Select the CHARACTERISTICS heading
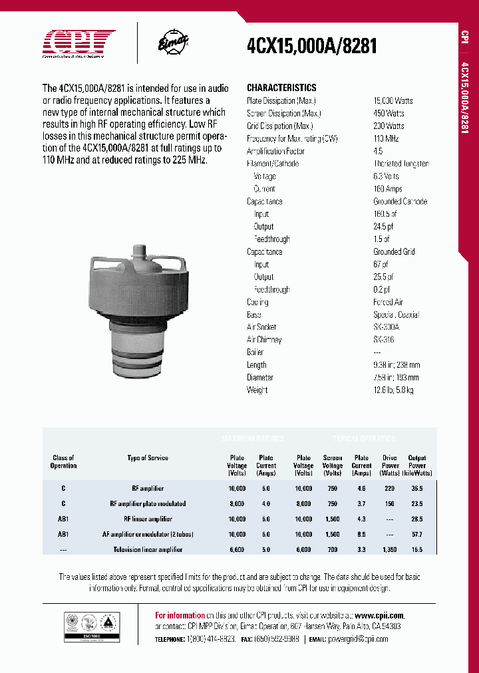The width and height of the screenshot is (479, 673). click(x=281, y=88)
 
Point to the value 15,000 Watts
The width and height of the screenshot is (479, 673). click(x=393, y=100)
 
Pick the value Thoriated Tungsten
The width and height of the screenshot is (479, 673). click(x=400, y=164)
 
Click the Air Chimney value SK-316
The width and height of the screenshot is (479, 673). click(x=385, y=340)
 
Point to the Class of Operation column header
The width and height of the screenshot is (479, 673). click(x=63, y=462)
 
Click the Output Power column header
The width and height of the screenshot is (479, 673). click(x=417, y=466)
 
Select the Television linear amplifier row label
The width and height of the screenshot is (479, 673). click(x=148, y=549)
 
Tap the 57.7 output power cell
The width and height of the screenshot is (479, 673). click(x=417, y=534)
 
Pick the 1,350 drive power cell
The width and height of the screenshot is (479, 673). click(x=390, y=549)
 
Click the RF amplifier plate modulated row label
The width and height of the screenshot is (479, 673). click(x=148, y=503)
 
